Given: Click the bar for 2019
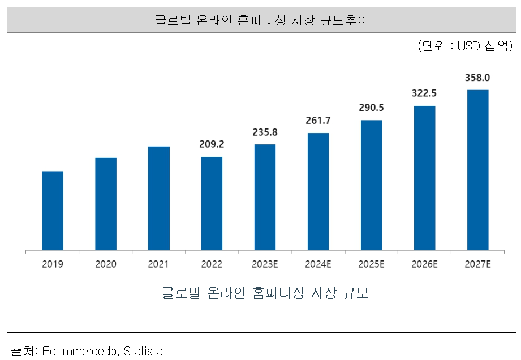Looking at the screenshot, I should pyautogui.click(x=53, y=210).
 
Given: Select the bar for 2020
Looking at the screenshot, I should pyautogui.click(x=106, y=203).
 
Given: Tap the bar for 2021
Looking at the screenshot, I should pyautogui.click(x=159, y=198).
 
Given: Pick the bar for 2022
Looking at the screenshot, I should pyautogui.click(x=212, y=203).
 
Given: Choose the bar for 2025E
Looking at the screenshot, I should pyautogui.click(x=371, y=185).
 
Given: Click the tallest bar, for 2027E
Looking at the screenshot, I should pyautogui.click(x=477, y=169).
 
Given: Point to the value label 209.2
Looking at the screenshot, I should pyautogui.click(x=212, y=144).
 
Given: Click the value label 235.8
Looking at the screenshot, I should pyautogui.click(x=265, y=132).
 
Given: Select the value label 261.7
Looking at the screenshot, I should pyautogui.click(x=318, y=121).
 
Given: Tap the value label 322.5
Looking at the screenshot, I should pyautogui.click(x=424, y=93).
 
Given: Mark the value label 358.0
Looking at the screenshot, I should pyautogui.click(x=477, y=78).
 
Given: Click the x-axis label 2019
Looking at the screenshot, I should pyautogui.click(x=53, y=264).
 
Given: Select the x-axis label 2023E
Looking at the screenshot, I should pyautogui.click(x=265, y=264).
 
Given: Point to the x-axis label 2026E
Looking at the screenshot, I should pyautogui.click(x=424, y=264).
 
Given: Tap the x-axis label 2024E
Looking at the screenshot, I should pyautogui.click(x=318, y=264).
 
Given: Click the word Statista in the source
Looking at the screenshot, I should pyautogui.click(x=143, y=351).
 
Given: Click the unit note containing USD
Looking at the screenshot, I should pyautogui.click(x=464, y=46).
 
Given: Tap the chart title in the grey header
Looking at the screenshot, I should pyautogui.click(x=261, y=21).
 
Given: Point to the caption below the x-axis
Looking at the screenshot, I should pyautogui.click(x=265, y=294).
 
